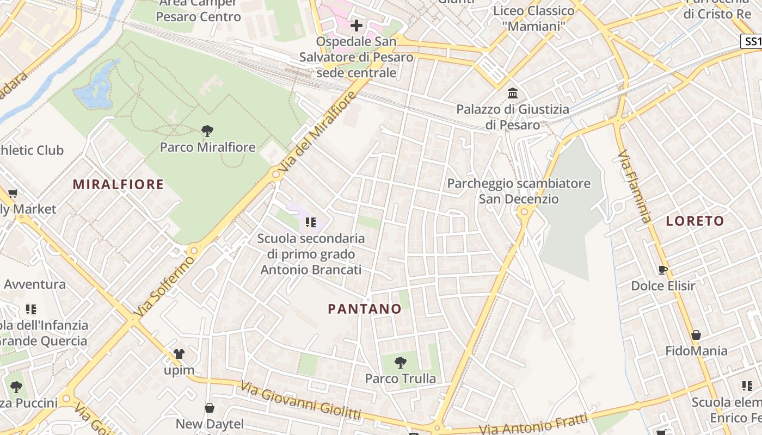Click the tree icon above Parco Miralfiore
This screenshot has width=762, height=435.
[207, 130]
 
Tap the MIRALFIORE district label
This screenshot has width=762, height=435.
[118, 184]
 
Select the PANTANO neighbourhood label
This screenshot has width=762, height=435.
[365, 309]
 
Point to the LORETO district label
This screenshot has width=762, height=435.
[695, 221]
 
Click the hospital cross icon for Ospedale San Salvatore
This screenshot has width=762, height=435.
[357, 26]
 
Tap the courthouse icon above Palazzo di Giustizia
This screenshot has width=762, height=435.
[512, 94]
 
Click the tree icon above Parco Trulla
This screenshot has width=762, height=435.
[401, 362]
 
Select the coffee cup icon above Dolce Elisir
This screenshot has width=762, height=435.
[662, 270]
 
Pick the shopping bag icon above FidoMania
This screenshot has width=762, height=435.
[696, 334]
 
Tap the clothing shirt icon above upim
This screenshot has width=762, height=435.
[179, 354]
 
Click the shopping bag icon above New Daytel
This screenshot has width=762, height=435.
[210, 408]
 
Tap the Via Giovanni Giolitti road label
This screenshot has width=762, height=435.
[300, 401]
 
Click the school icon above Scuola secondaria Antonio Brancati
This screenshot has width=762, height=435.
[310, 222]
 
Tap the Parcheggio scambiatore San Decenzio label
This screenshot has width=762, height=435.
[519, 191]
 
